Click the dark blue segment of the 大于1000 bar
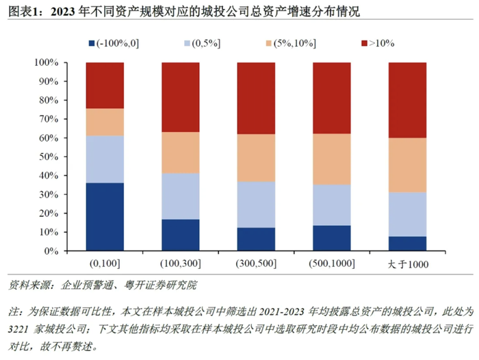[x=407, y=244]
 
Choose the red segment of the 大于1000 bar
[x=407, y=100]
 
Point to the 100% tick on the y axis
[x=50, y=63]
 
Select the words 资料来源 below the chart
[x=26, y=285]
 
